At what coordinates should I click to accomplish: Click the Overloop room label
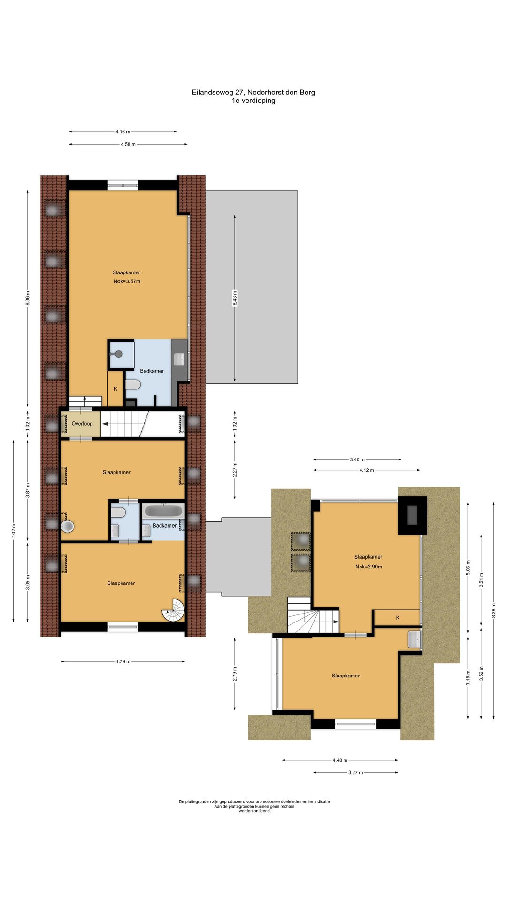click(82, 423)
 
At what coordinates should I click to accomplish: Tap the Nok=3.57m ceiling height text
click(127, 281)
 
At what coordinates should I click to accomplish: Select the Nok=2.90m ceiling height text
click(369, 567)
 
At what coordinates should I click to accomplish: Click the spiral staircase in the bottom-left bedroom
click(174, 610)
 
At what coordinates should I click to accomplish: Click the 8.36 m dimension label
click(28, 299)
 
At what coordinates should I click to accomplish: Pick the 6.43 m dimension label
click(235, 298)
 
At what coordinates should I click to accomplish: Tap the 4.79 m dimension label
click(123, 661)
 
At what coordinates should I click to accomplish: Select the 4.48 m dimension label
click(340, 760)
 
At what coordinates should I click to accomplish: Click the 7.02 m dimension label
click(14, 531)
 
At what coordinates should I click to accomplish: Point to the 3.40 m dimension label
click(357, 459)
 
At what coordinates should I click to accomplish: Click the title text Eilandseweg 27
click(218, 93)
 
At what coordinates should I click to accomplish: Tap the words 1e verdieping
click(253, 101)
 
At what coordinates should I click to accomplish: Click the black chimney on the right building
click(413, 515)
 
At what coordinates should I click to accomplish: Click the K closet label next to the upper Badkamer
click(115, 389)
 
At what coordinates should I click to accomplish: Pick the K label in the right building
click(398, 618)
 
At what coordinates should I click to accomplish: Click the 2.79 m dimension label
click(235, 674)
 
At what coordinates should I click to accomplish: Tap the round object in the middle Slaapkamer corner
click(68, 526)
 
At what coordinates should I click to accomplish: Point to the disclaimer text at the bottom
click(254, 806)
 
